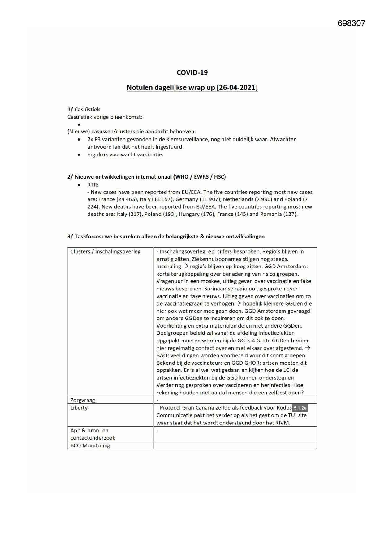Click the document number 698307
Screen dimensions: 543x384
351,24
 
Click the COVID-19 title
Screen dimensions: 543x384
192,72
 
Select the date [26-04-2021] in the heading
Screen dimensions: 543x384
237,88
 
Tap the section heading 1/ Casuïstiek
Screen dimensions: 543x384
84,109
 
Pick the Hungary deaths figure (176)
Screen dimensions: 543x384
207,214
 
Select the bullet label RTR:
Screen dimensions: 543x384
93,185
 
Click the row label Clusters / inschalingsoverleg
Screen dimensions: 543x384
105,252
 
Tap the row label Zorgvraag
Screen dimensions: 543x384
83,400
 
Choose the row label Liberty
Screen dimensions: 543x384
79,408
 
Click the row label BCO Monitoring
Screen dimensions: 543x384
90,445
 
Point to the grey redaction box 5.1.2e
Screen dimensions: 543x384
300,408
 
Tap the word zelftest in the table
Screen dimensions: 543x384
282,393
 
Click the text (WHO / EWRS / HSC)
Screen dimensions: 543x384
199,177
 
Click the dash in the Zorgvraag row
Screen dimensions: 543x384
157,400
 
